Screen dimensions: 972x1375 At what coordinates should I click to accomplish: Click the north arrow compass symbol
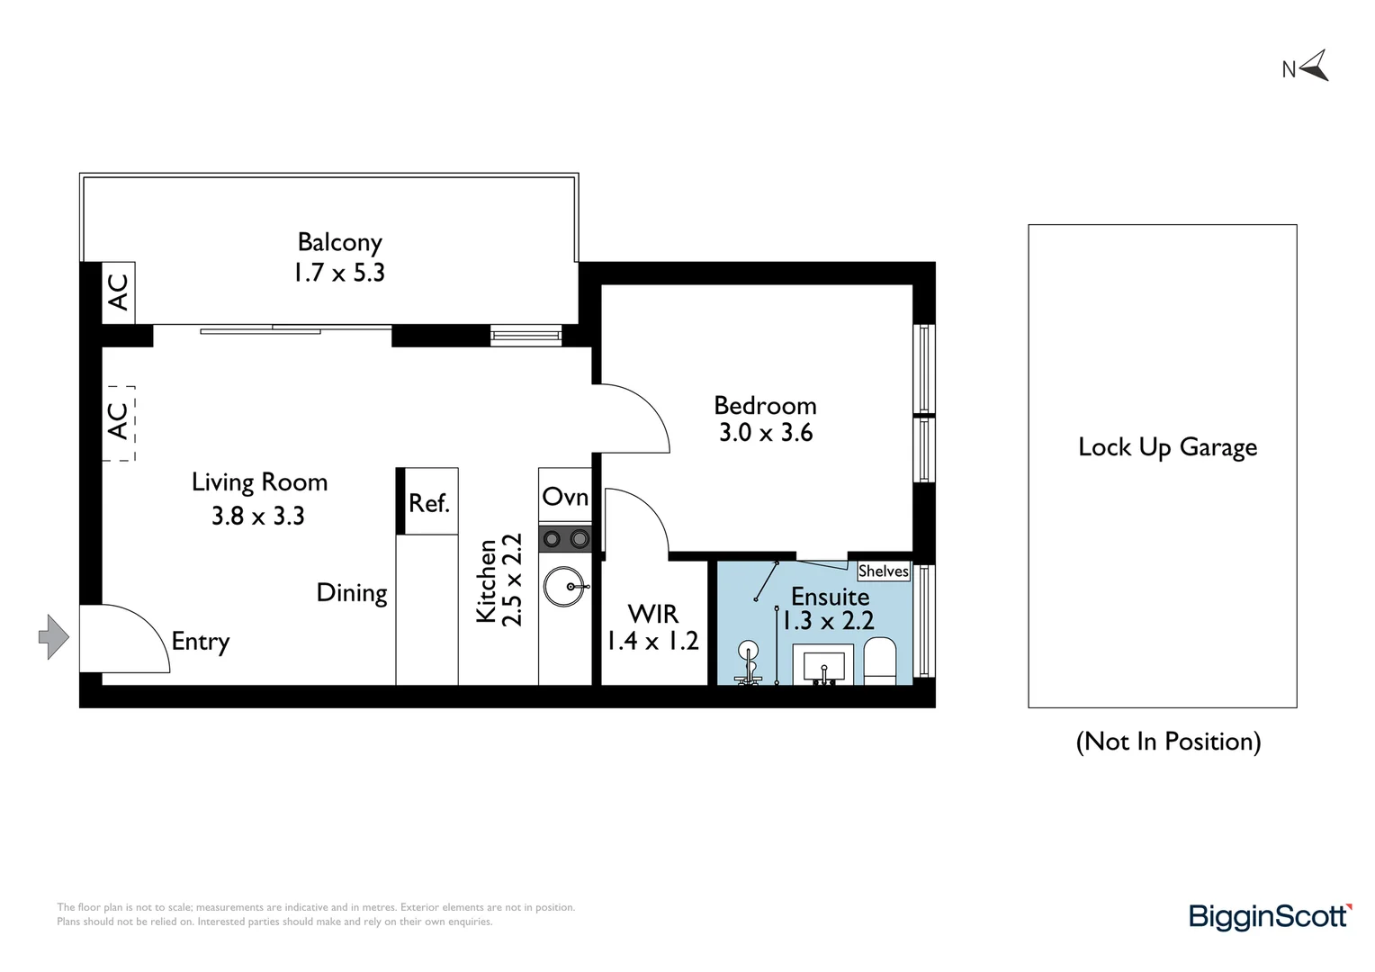(1314, 67)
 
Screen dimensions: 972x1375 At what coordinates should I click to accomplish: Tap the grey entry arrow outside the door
(54, 637)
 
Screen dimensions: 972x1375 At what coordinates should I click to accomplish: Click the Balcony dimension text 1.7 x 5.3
(339, 273)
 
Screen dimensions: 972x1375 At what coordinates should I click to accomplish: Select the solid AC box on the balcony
(118, 292)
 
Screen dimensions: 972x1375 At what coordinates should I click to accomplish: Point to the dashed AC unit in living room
(118, 423)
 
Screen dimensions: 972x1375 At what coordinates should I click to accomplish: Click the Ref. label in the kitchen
(428, 503)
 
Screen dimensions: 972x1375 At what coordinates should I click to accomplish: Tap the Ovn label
(565, 497)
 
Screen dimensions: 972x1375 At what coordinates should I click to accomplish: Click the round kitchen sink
(565, 587)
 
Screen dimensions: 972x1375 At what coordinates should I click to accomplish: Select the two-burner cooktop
(565, 539)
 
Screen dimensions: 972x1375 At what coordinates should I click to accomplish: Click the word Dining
(352, 593)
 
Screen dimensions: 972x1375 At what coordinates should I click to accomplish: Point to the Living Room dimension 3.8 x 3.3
(258, 516)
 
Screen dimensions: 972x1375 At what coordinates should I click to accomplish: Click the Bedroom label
(765, 405)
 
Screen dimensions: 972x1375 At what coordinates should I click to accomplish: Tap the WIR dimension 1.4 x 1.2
(652, 641)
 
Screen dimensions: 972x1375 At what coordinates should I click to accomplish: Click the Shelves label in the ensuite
(883, 571)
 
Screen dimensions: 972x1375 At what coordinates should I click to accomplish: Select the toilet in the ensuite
(879, 661)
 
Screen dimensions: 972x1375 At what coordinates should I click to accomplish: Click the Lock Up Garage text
(1167, 447)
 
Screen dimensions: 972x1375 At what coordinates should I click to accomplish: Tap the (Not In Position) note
(1168, 742)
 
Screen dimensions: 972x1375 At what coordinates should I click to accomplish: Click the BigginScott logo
(1269, 916)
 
